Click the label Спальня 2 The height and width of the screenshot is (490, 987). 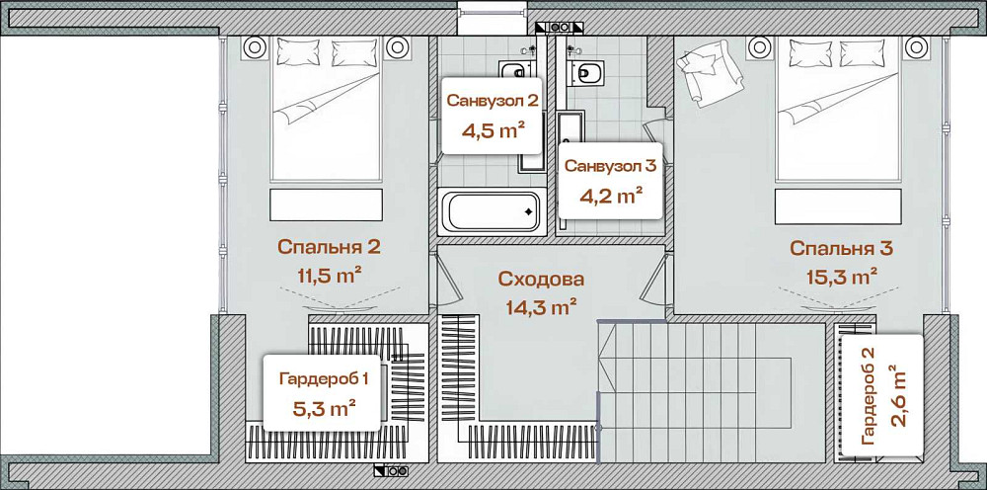click(x=329, y=247)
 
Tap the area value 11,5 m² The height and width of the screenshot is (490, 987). click(x=329, y=275)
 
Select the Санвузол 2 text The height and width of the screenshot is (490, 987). click(x=492, y=100)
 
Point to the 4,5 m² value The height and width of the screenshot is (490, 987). click(x=492, y=129)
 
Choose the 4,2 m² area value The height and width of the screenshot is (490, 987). click(x=610, y=195)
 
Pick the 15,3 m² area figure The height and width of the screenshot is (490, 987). click(x=841, y=275)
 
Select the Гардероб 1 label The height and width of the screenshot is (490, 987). click(x=323, y=378)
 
